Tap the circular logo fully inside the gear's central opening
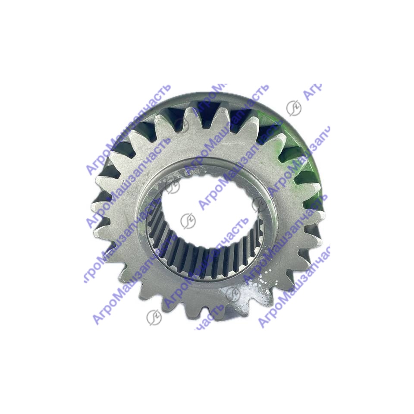pos(188,221)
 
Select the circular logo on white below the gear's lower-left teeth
pos(154,317)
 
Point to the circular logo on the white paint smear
pos(233,292)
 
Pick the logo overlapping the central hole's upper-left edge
pos(172,186)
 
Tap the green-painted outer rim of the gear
pos(304,158)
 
